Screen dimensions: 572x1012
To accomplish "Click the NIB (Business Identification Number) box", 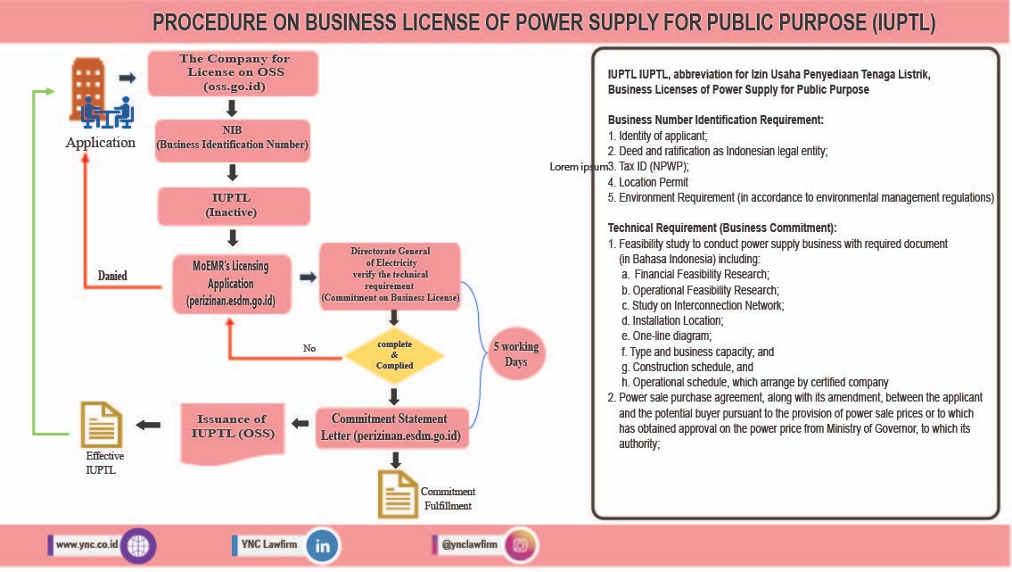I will click(233, 140).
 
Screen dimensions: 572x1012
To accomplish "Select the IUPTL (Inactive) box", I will click(233, 206).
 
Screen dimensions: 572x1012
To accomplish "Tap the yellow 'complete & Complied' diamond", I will click(393, 355).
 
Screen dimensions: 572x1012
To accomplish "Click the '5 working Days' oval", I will click(515, 354).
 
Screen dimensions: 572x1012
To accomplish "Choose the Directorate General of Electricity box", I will click(390, 277).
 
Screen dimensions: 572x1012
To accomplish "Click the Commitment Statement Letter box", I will click(393, 427).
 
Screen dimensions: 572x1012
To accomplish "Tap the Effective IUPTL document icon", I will click(101, 424).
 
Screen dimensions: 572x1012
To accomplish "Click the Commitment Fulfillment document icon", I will click(398, 494).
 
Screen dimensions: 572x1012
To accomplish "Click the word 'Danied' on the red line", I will click(112, 276).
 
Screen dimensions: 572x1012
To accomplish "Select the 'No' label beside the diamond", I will click(309, 348).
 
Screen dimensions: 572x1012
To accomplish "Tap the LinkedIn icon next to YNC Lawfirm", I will click(322, 546).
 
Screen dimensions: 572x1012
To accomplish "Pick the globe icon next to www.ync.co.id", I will click(139, 545).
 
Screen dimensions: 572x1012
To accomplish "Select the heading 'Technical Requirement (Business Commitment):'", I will click(722, 228).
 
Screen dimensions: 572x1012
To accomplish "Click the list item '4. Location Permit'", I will click(647, 182).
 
